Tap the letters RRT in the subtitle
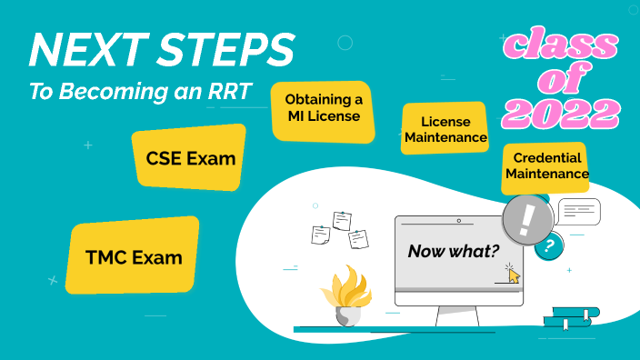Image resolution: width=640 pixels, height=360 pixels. click(x=230, y=92)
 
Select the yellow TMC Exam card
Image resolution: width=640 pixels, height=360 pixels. click(x=134, y=257)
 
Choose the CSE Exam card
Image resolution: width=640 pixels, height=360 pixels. click(x=190, y=159)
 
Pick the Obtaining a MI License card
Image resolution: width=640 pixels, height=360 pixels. click(x=323, y=107)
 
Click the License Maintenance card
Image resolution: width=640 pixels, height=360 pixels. click(x=445, y=130)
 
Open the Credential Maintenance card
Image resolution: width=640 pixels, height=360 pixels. click(x=545, y=165)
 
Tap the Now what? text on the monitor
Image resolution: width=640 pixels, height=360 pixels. click(x=453, y=252)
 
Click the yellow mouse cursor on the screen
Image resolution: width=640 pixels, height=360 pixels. click(x=514, y=275)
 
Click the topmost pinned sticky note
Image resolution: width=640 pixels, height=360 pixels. click(x=342, y=220)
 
